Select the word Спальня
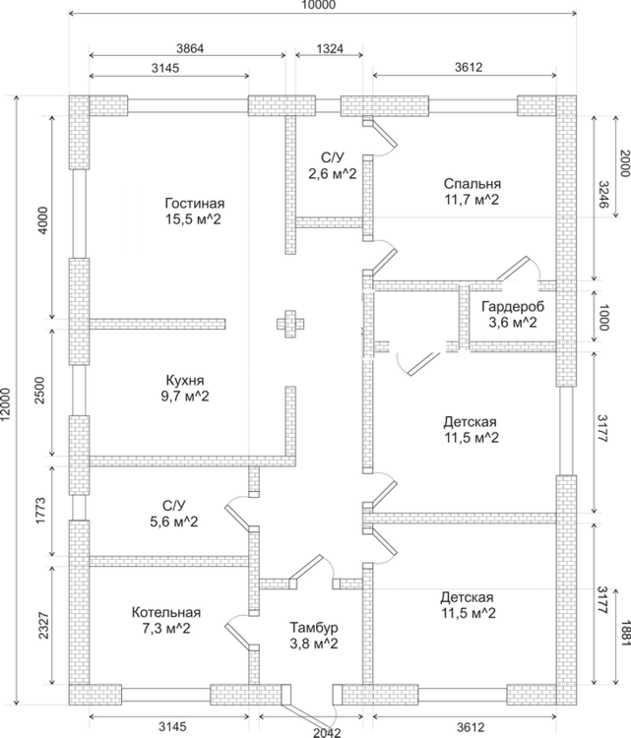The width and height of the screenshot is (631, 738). [x=472, y=183]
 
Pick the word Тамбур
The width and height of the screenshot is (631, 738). [x=314, y=627]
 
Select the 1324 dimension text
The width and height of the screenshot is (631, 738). [x=328, y=48]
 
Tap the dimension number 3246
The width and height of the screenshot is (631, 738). [x=602, y=195]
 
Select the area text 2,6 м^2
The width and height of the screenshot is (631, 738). [x=332, y=173]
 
